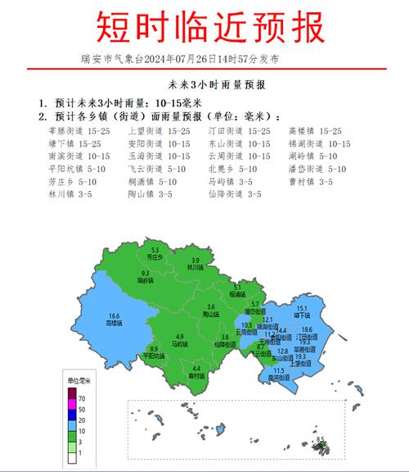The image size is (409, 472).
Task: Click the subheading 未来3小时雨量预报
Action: click(x=204, y=84)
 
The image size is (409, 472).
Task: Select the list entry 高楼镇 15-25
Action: click(x=315, y=131)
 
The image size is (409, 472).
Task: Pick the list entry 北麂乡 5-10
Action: click(x=232, y=169)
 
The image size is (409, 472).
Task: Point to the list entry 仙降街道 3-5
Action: click(x=235, y=194)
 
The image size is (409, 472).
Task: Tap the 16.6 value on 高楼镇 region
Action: click(x=114, y=315)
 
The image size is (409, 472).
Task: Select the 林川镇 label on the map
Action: click(x=196, y=266)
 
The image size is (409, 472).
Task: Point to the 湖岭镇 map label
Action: click(x=145, y=280)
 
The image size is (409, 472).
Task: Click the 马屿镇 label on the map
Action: click(x=180, y=344)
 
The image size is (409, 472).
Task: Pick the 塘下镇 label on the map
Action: click(x=301, y=315)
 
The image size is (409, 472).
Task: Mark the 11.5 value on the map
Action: click(x=279, y=370)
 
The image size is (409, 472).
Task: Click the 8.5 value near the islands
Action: click(x=321, y=439)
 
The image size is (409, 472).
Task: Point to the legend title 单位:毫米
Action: click(x=79, y=381)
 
